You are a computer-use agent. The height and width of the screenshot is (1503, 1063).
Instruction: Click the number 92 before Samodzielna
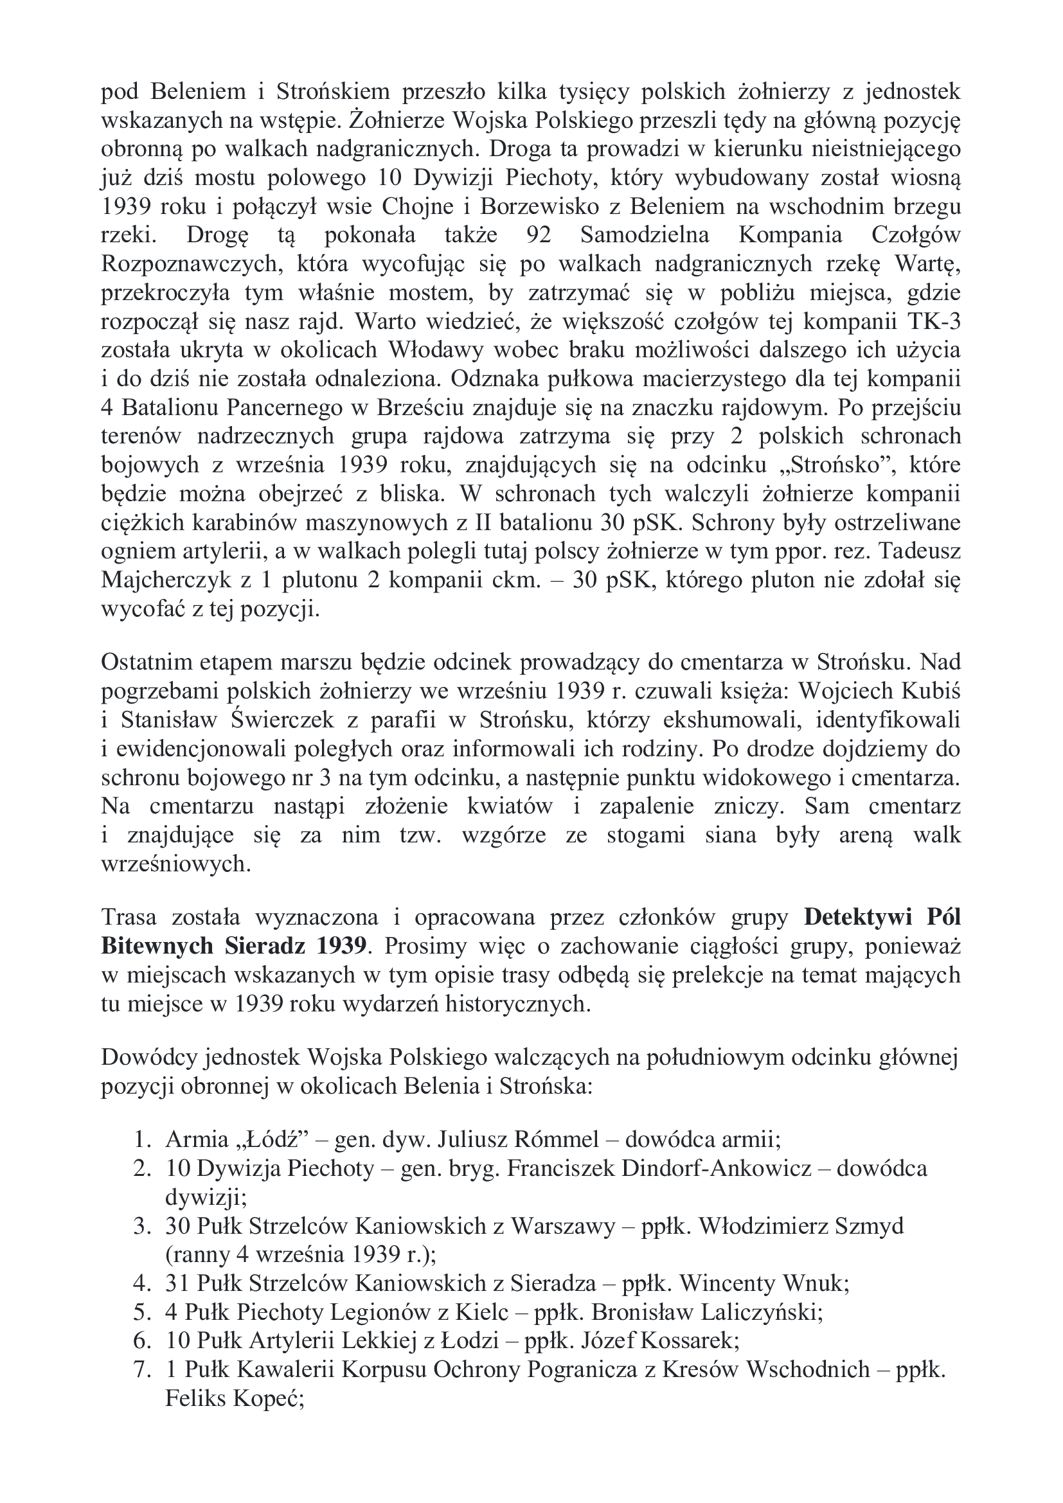539,236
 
